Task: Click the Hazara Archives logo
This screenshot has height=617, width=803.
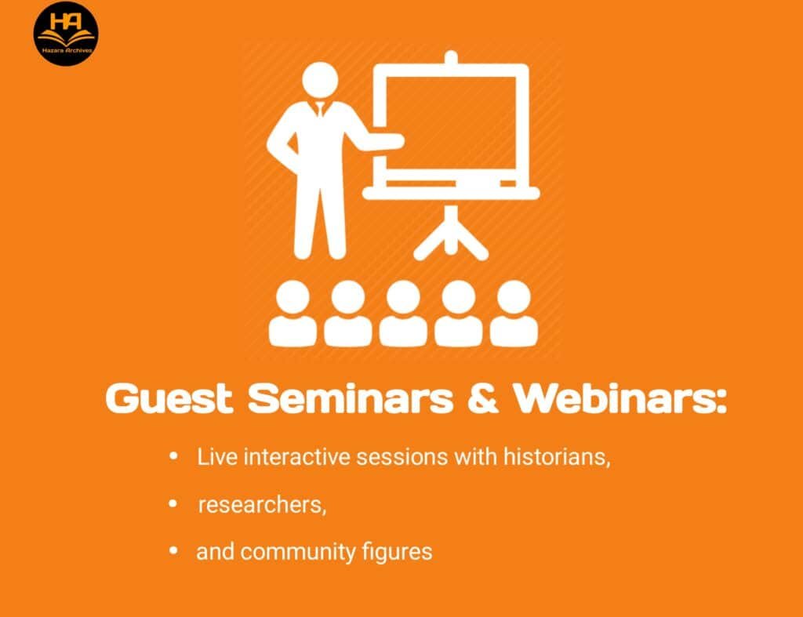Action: (x=66, y=34)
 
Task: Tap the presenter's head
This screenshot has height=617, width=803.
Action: (x=320, y=79)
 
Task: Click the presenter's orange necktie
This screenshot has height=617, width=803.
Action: (x=320, y=108)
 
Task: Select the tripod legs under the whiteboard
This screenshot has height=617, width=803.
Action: (x=451, y=234)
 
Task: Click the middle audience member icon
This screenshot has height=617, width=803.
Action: (x=403, y=314)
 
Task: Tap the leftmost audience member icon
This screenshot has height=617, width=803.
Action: (x=293, y=314)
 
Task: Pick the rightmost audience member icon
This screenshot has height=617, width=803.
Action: (x=514, y=314)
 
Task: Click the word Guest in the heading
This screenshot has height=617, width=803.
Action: (x=169, y=398)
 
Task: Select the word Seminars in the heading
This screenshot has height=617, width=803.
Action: (x=351, y=398)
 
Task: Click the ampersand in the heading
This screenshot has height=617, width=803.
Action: (x=483, y=398)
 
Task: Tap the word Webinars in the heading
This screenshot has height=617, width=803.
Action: (x=620, y=398)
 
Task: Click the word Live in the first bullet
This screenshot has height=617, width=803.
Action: (x=217, y=457)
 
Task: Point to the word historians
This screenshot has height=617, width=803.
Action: (x=557, y=457)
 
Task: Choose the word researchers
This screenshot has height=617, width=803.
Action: (x=262, y=505)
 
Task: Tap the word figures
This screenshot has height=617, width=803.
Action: (x=397, y=553)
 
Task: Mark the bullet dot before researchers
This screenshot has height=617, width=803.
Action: (x=173, y=504)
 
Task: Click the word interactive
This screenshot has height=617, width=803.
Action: (x=296, y=457)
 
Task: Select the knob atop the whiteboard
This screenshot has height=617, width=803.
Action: (x=451, y=56)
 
